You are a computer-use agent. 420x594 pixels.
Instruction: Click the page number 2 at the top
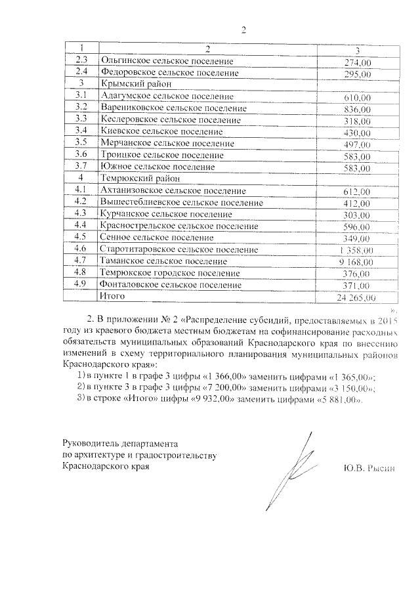[243, 30]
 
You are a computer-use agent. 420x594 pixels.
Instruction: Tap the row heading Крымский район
[136, 84]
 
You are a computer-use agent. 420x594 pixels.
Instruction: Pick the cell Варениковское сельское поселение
[173, 108]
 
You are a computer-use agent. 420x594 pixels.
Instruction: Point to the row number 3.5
[81, 143]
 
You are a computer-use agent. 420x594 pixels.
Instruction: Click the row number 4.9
[81, 285]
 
